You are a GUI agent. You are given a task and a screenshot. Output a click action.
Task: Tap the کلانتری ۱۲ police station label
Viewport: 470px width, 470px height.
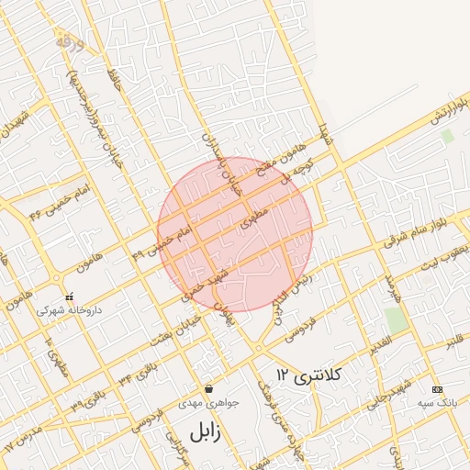point(308,375)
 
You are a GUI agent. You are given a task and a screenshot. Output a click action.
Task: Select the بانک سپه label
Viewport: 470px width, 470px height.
point(437,403)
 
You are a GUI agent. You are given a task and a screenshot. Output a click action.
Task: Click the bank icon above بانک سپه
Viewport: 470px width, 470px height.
point(437,389)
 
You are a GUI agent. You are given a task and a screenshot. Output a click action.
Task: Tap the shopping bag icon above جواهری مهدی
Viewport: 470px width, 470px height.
point(210,388)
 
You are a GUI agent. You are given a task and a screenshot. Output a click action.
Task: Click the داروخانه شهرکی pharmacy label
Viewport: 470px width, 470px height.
point(70,310)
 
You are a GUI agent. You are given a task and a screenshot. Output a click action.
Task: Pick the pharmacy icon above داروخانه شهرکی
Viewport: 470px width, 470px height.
point(70,297)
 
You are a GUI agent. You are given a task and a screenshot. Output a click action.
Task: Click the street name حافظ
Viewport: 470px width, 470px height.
point(115,80)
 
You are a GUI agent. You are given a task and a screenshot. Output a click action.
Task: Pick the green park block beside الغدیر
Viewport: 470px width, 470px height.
point(396,319)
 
